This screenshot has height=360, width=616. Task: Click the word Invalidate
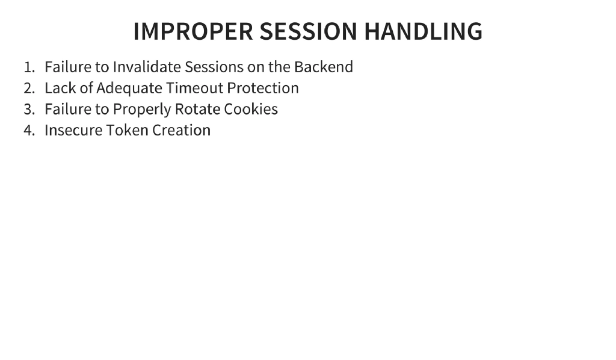tap(147, 67)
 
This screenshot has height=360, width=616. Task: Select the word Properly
tap(141, 110)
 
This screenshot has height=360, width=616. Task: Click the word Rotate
tap(197, 110)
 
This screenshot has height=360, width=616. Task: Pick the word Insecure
tap(73, 131)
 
